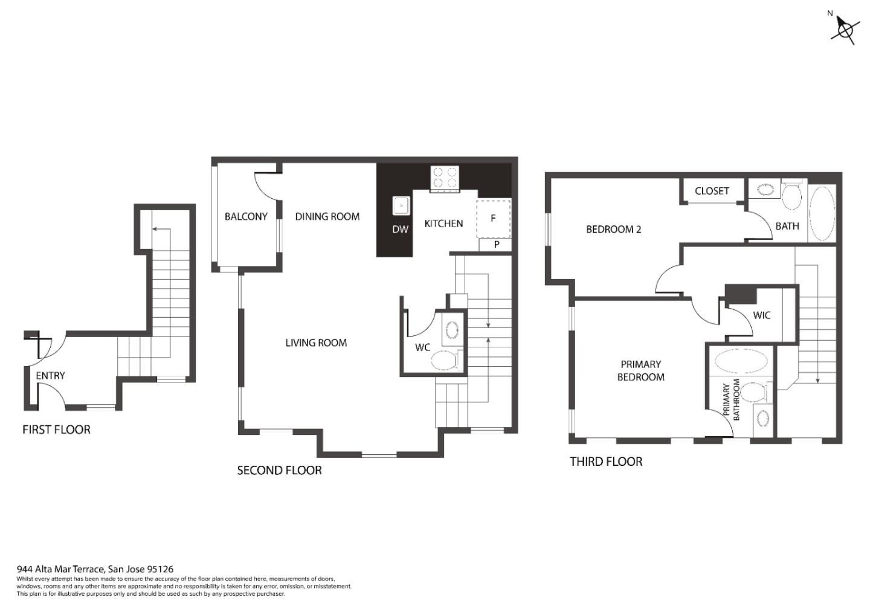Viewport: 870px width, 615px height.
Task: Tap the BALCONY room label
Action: coord(246,216)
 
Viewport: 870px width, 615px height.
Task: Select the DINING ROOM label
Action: coord(327,216)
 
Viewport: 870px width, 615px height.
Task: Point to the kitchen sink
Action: coord(401,205)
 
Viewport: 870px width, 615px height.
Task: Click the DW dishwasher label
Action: coord(400,230)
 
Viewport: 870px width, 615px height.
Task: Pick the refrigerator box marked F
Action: coord(493,218)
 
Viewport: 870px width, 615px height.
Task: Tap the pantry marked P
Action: coord(495,245)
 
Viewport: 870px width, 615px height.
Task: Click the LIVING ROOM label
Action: coord(316,343)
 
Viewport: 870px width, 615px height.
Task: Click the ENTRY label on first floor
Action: coord(50,376)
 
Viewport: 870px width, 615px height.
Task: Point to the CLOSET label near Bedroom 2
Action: coord(712,191)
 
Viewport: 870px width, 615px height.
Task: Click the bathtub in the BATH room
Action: coord(822,213)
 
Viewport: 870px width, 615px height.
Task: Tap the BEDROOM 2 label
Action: coord(614,230)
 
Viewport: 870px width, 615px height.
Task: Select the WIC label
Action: coord(762,315)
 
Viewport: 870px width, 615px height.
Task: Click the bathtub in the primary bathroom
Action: coord(741,361)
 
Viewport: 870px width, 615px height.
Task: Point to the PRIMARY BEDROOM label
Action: coord(641,371)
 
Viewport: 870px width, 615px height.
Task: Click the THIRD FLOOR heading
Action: coord(606,462)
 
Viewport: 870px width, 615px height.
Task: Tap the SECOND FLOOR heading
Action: coord(279,471)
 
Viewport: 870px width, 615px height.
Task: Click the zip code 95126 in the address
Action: coord(161,569)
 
